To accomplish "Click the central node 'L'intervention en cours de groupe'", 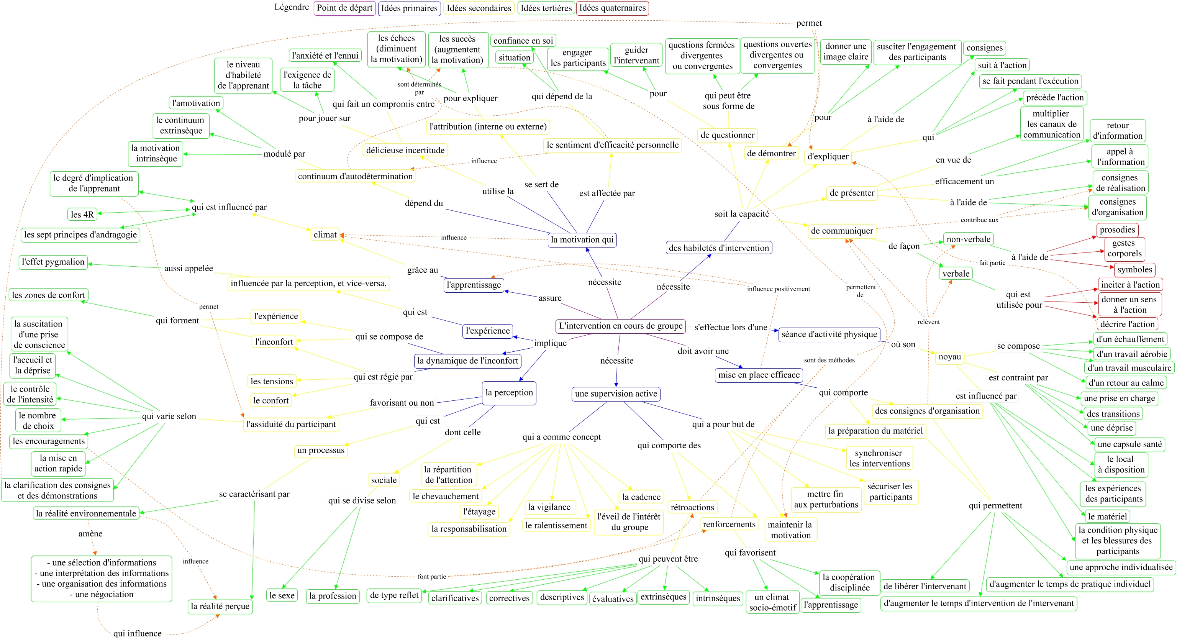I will [x=620, y=326].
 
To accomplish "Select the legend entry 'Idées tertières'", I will [x=546, y=8].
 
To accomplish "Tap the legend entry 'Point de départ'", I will [x=344, y=8].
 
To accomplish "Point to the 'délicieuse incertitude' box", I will [x=405, y=150].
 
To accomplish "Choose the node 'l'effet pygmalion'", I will [x=54, y=262].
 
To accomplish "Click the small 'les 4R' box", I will [x=82, y=214].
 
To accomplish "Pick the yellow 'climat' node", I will [x=325, y=234].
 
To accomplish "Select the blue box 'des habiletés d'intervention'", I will [x=719, y=248].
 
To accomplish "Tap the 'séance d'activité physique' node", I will [x=829, y=334].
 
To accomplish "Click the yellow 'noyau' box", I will [x=949, y=357].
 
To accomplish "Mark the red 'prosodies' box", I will [x=1117, y=230].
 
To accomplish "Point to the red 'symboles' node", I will [x=1134, y=270].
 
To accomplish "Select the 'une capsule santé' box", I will [x=1129, y=444].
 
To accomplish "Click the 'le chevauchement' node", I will [x=446, y=496].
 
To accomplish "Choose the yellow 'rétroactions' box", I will [x=692, y=507].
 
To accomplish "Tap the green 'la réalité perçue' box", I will [x=220, y=606].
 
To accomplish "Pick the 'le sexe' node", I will [x=282, y=595].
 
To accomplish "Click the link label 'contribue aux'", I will [x=979, y=220].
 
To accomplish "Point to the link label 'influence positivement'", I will [x=778, y=289].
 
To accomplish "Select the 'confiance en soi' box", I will [x=523, y=41].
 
